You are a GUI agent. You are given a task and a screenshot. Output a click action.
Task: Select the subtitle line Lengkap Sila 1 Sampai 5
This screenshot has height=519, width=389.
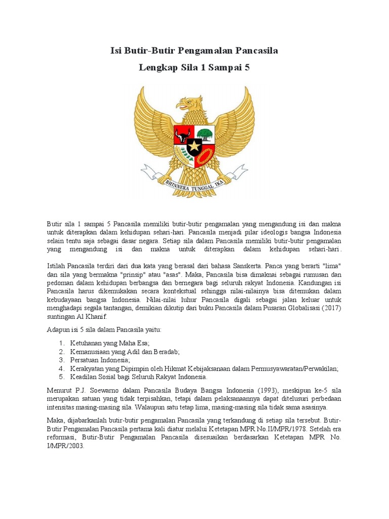click(x=194, y=67)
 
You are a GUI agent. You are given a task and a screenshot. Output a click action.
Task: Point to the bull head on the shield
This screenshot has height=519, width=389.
click(x=182, y=135)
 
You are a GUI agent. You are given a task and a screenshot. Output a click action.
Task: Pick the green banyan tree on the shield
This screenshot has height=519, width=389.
click(x=205, y=134)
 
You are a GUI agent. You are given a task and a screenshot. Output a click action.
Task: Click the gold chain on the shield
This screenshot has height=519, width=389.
click(x=205, y=158)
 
